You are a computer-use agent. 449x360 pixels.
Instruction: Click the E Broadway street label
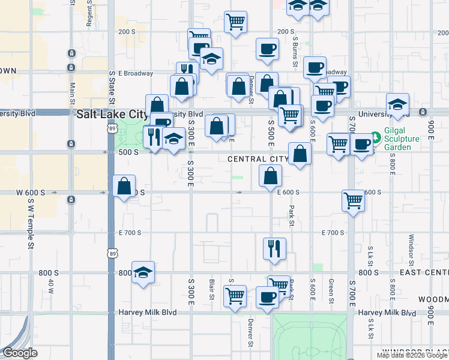click(136, 73)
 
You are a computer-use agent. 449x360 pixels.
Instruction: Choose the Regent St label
click(89, 13)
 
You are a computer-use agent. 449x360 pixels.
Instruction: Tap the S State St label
click(112, 88)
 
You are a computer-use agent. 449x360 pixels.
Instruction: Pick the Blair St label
click(212, 289)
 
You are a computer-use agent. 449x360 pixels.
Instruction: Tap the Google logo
click(20, 353)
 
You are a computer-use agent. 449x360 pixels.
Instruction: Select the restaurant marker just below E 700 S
click(274, 248)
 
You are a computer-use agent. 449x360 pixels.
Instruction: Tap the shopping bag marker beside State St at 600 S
click(124, 186)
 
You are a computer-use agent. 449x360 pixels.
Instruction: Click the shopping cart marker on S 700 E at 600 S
click(353, 200)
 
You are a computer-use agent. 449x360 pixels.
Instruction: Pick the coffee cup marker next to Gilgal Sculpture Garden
click(362, 145)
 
